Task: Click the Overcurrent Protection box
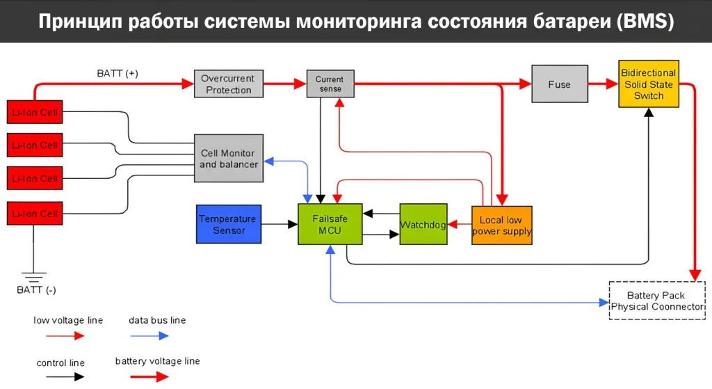229,84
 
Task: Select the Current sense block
330,84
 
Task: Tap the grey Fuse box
559,84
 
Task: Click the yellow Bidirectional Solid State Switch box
648,84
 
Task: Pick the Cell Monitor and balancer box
229,159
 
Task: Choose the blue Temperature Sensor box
229,224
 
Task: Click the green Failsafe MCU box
330,224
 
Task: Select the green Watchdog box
423,224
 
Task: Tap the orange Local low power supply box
501,225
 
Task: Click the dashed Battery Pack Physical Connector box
657,301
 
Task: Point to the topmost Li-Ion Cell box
34,112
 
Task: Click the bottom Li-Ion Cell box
34,213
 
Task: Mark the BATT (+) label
117,73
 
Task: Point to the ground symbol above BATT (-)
33,276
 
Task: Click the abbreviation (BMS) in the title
645,22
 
